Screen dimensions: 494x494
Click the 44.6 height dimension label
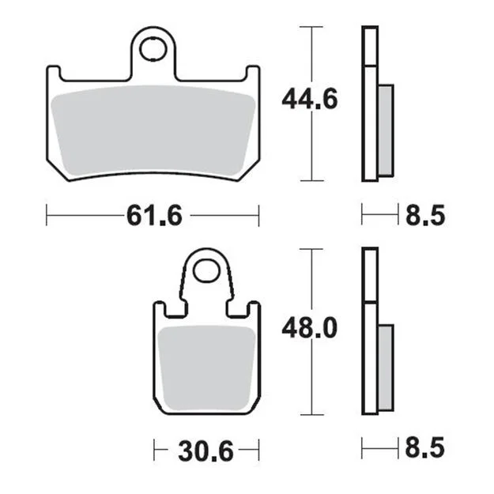pyautogui.click(x=309, y=99)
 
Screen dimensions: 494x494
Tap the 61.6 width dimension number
pyautogui.click(x=154, y=216)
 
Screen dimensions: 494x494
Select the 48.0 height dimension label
pyautogui.click(x=309, y=328)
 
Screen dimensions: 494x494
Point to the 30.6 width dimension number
pyautogui.click(x=206, y=451)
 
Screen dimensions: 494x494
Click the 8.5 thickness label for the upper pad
pyautogui.click(x=425, y=216)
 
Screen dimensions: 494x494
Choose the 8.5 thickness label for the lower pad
pyautogui.click(x=425, y=447)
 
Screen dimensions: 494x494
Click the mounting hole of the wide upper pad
pyautogui.click(x=153, y=49)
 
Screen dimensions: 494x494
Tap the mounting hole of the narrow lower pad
pyautogui.click(x=206, y=271)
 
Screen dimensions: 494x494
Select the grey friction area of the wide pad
pyautogui.click(x=153, y=131)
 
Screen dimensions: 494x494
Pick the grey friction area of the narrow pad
pyautogui.click(x=206, y=368)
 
